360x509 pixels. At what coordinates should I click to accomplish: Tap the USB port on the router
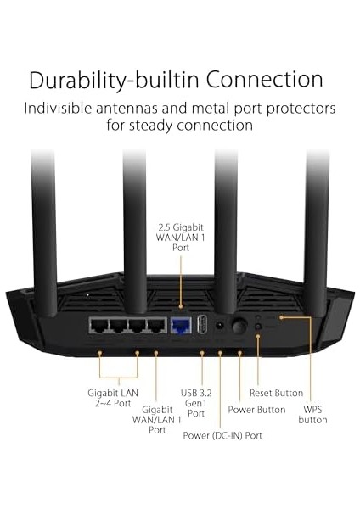click(202, 326)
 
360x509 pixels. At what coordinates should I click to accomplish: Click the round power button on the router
click(239, 325)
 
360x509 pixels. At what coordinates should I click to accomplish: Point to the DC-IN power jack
click(220, 326)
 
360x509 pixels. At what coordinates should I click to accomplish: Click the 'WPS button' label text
click(314, 413)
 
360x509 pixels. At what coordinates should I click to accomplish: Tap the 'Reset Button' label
click(276, 393)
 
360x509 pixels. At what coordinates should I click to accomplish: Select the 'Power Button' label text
click(257, 410)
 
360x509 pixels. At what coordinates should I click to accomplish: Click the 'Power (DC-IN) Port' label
click(222, 435)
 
